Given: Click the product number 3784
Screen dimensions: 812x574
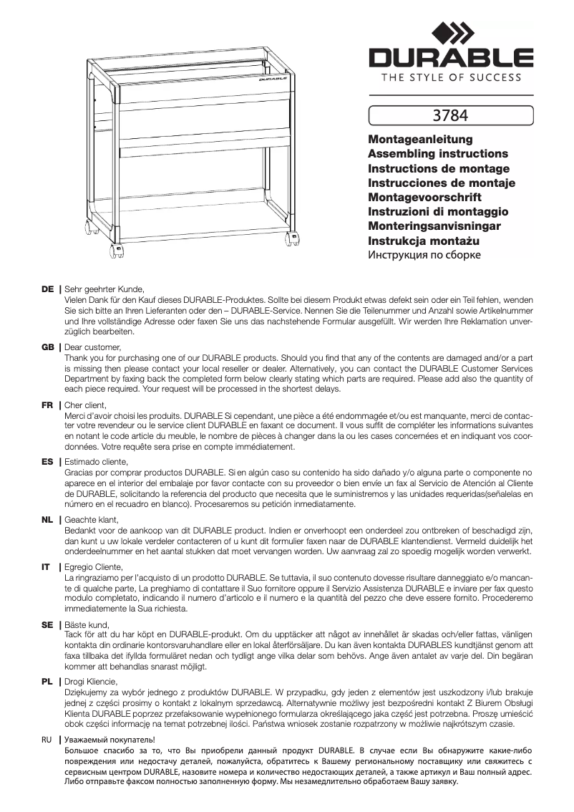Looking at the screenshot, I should pos(451,115).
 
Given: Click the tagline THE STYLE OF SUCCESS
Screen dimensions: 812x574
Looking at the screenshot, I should pos(451,77).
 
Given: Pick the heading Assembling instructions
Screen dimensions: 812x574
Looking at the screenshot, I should pos(437,154).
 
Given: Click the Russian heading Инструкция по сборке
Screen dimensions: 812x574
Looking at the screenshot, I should pos(424,255).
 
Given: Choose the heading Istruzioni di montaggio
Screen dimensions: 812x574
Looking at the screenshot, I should pos(437,212).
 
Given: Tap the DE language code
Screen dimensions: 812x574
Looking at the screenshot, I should pos(48,289).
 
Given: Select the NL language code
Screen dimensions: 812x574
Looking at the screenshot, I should pos(48,519).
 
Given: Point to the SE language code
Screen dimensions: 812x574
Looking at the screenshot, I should pos(48,624).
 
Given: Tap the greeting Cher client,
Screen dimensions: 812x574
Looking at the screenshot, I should pos(85,405).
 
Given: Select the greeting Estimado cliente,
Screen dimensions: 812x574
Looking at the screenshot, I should pos(96,462).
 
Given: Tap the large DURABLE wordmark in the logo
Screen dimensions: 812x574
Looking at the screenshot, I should pos(451,57).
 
